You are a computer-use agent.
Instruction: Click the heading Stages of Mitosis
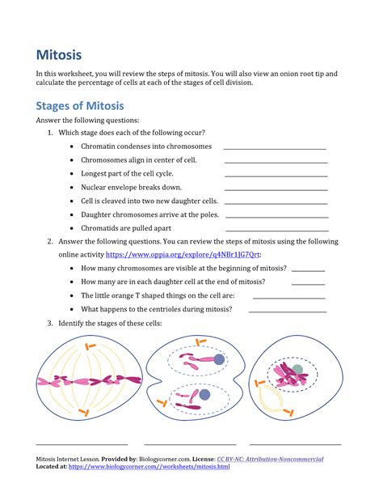79,106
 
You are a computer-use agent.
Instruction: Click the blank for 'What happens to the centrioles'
288,312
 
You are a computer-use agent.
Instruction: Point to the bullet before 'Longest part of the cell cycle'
73,174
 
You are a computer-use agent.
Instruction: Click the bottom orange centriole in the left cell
84,413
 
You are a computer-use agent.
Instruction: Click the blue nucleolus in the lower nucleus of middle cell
204,395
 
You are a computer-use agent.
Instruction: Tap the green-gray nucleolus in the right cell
298,369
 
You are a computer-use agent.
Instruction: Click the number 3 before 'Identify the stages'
49,324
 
